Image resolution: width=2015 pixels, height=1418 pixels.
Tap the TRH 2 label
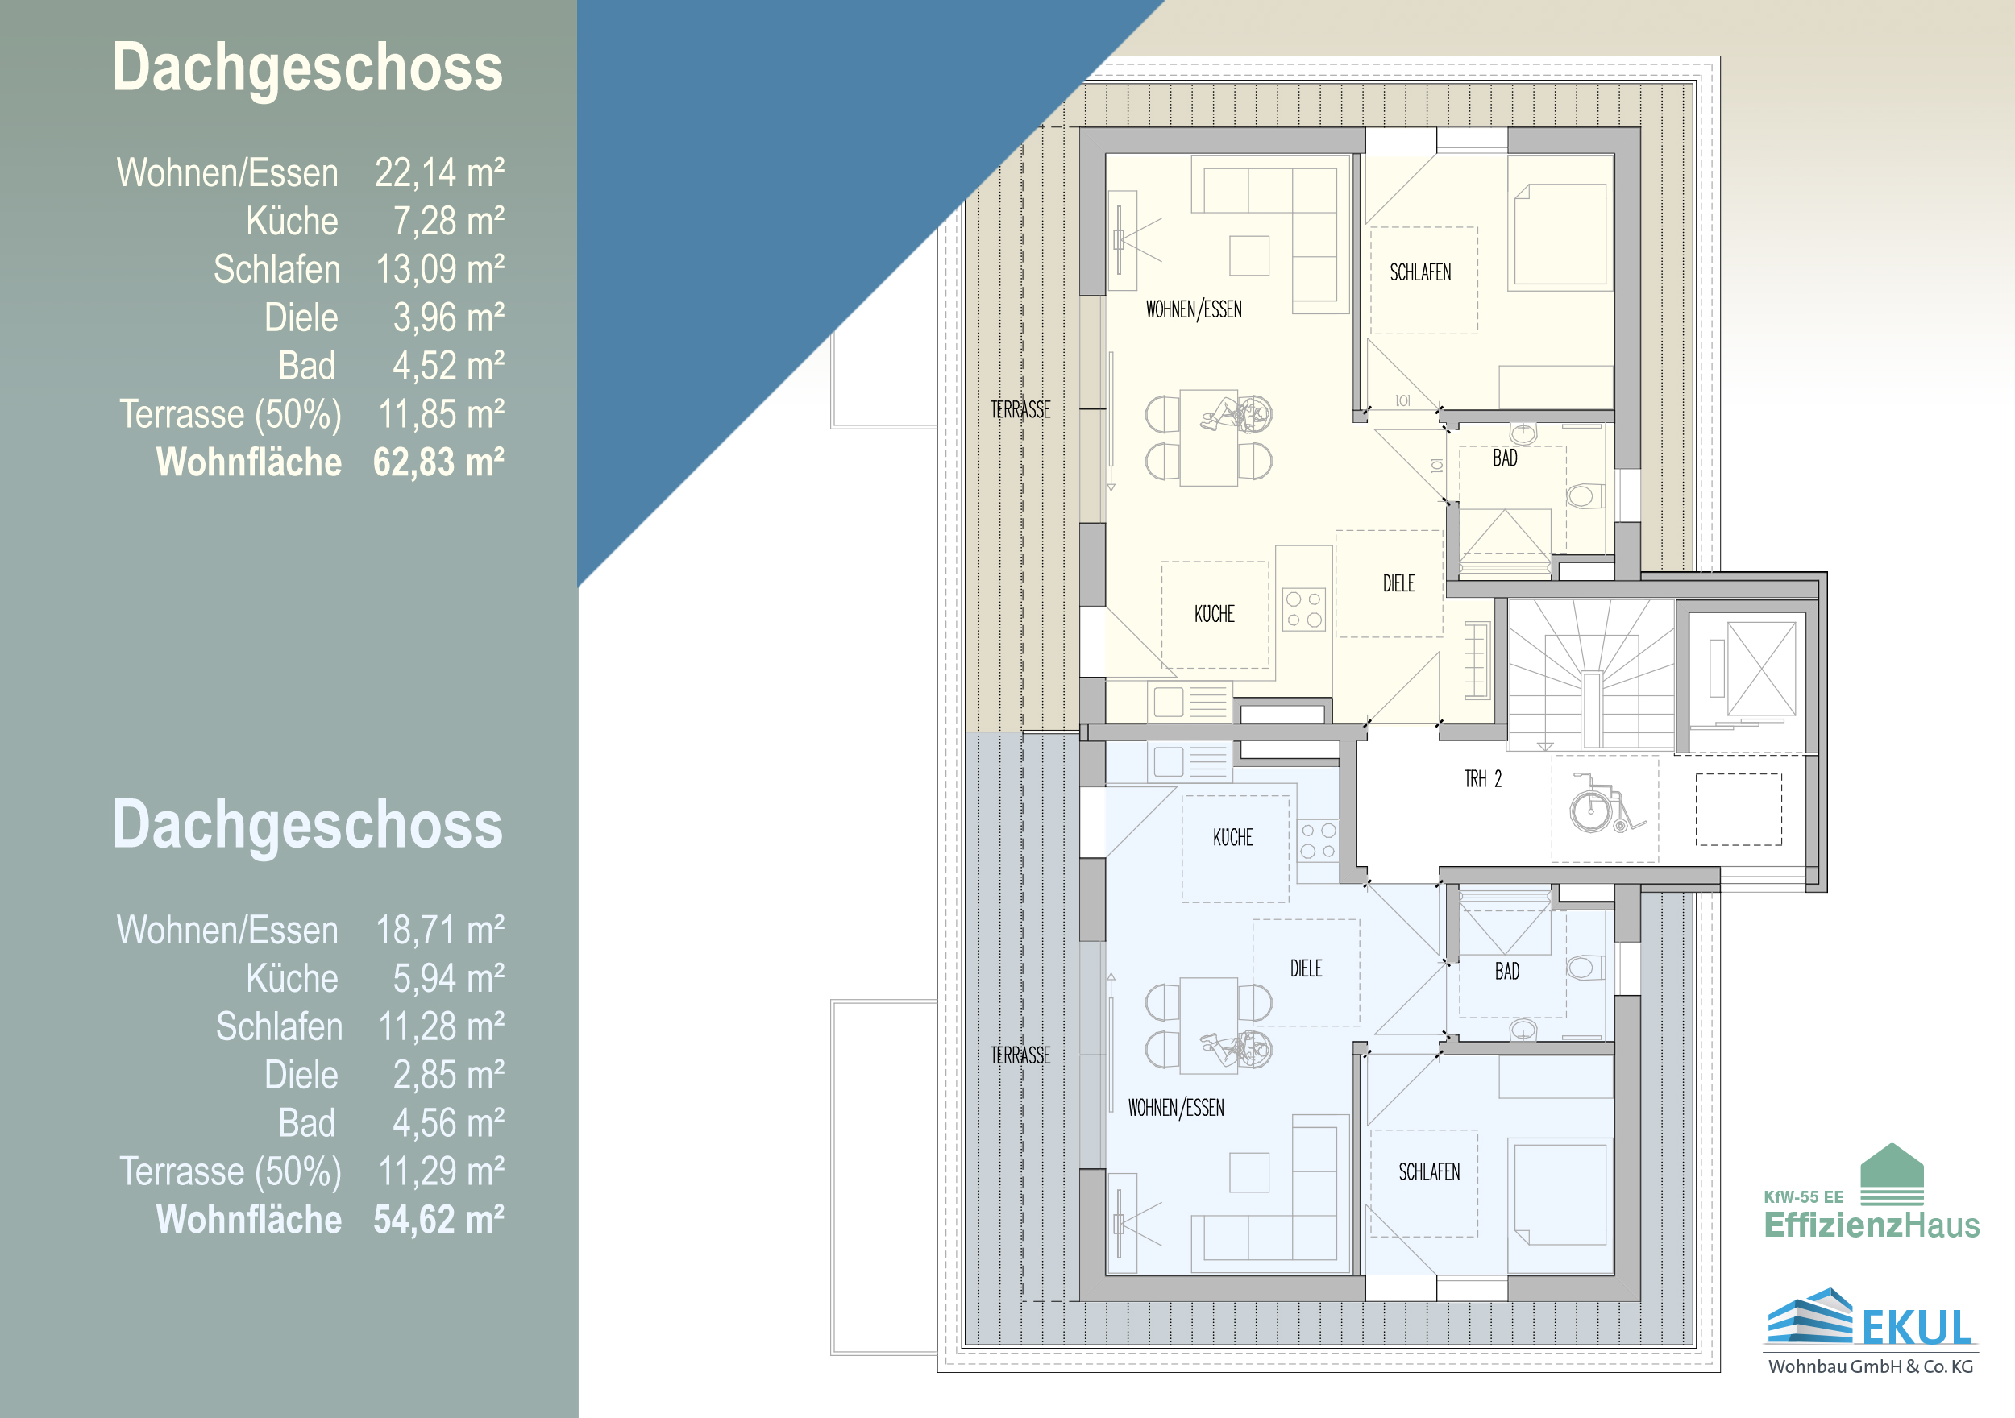(x=1482, y=779)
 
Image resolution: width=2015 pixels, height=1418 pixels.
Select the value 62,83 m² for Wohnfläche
(x=438, y=462)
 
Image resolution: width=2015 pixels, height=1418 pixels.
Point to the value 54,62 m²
(x=438, y=1220)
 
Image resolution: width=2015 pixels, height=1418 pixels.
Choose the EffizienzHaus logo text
(x=1872, y=1224)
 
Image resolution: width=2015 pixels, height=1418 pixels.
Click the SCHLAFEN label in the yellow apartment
(x=1420, y=273)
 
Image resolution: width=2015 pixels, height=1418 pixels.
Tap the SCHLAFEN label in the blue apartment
(x=1429, y=1172)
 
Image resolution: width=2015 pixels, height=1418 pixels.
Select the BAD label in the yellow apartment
(x=1505, y=458)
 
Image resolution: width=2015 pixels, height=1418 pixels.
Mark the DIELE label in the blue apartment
(x=1306, y=968)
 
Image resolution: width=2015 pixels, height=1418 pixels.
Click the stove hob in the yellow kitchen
(x=1303, y=609)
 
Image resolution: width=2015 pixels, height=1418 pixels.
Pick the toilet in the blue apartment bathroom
(x=1584, y=967)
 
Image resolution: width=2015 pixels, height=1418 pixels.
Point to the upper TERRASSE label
(x=1020, y=410)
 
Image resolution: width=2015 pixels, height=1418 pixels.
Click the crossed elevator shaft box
(x=1760, y=668)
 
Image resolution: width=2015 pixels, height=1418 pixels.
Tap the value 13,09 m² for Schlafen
(x=440, y=269)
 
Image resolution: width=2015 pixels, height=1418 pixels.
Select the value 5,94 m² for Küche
(x=448, y=978)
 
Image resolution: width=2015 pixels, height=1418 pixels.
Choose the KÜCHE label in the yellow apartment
(x=1214, y=614)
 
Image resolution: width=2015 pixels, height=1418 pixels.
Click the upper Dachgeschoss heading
(x=307, y=68)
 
